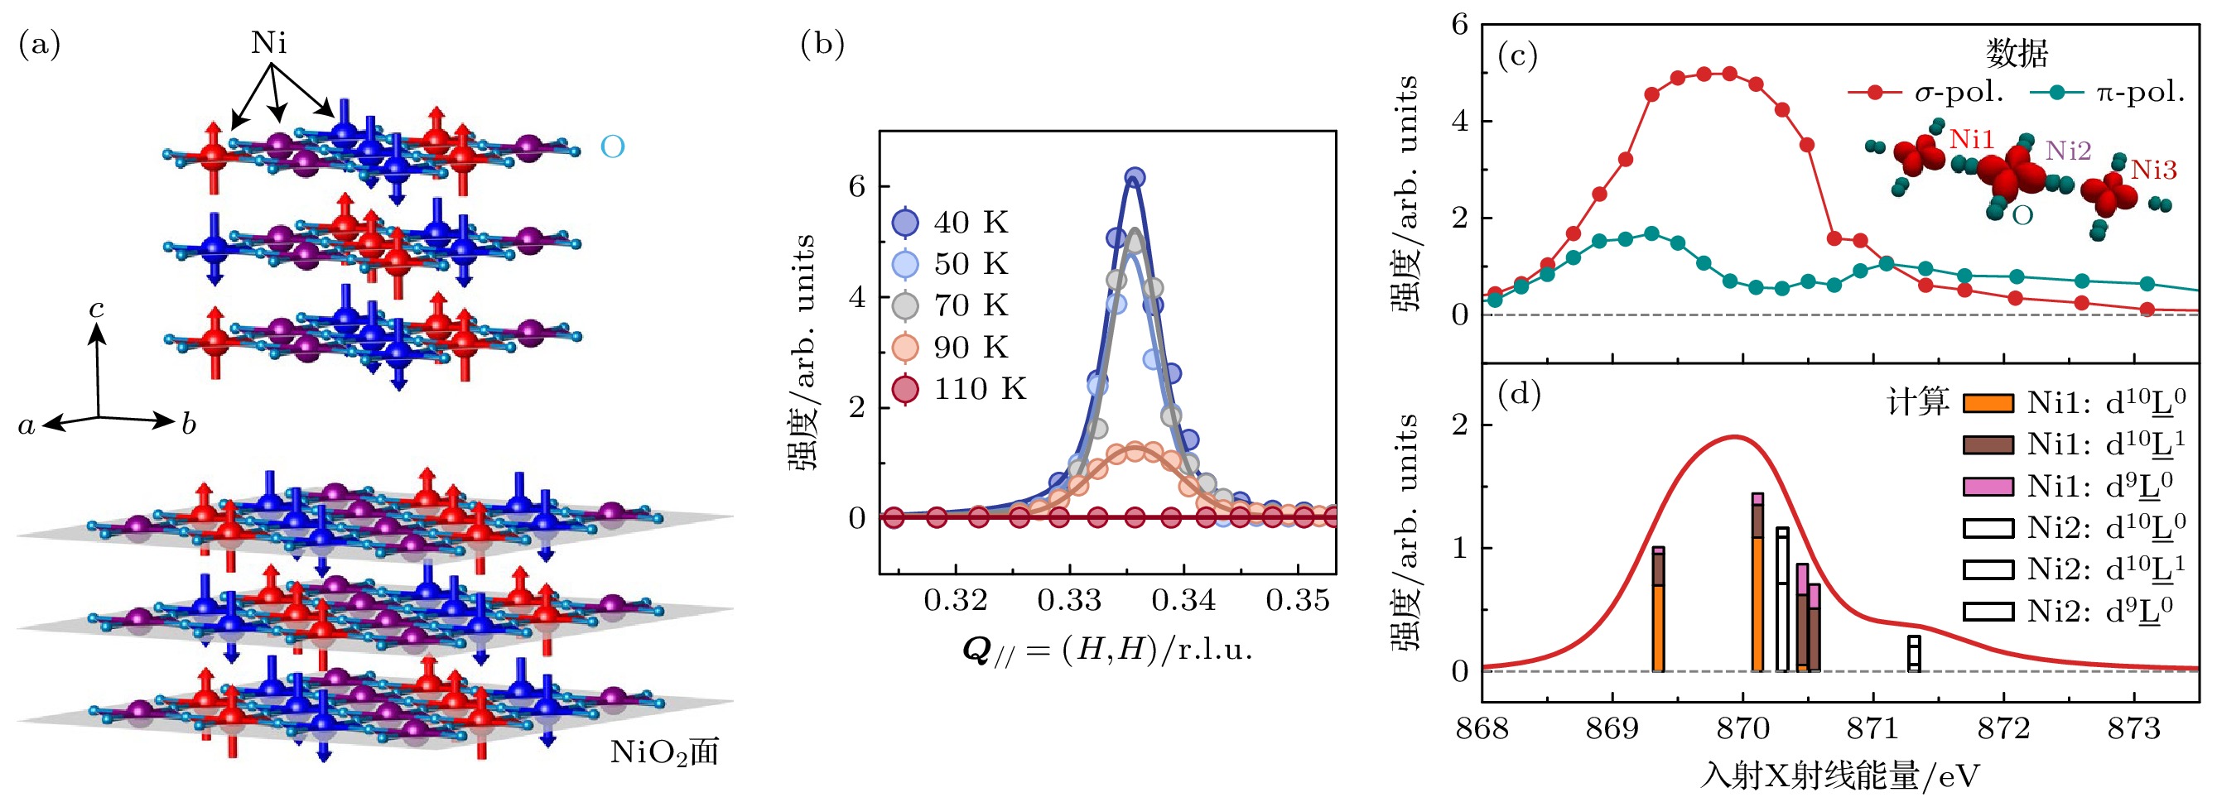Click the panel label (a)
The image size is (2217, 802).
pyautogui.click(x=40, y=45)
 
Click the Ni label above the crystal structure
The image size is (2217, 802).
pyautogui.click(x=268, y=43)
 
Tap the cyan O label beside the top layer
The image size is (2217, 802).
pyautogui.click(x=612, y=148)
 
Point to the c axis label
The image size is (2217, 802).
pyautogui.click(x=97, y=309)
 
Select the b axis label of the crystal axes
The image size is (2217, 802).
pyautogui.click(x=188, y=425)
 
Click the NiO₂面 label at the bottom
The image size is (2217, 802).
pyautogui.click(x=663, y=753)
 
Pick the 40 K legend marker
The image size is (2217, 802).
pyautogui.click(x=905, y=223)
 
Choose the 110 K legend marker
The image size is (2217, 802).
pyautogui.click(x=905, y=390)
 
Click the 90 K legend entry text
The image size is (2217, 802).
pyautogui.click(x=971, y=348)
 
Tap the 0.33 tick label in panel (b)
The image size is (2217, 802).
pyautogui.click(x=1069, y=600)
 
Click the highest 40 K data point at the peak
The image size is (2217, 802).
pyautogui.click(x=1135, y=178)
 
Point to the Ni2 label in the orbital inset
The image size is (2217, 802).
pyautogui.click(x=2067, y=151)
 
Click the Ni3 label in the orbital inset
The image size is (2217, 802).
pyautogui.click(x=2153, y=170)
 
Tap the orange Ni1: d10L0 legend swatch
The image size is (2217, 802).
pyautogui.click(x=1988, y=404)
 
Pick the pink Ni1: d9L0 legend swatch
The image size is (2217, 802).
pyautogui.click(x=1988, y=487)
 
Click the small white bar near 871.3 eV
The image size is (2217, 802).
pyautogui.click(x=1914, y=654)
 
